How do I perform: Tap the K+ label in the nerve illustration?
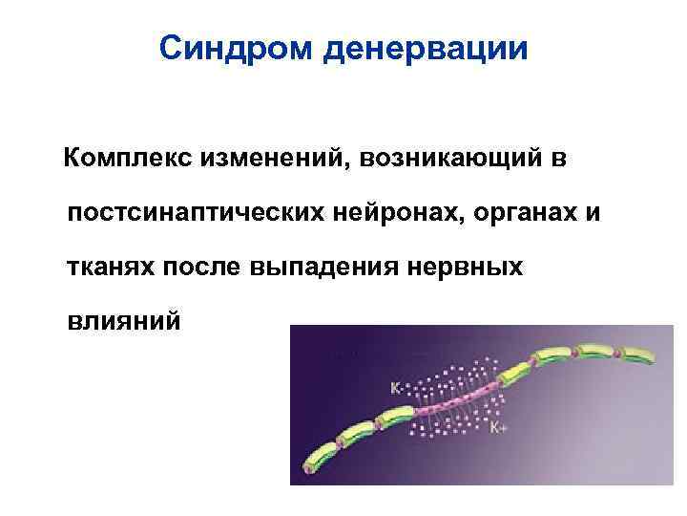(498, 429)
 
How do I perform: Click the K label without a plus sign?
(395, 389)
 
